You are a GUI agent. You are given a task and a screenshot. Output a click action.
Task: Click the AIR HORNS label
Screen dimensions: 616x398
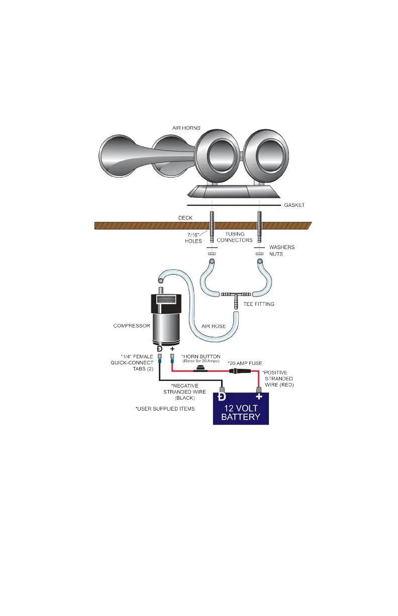tap(186, 128)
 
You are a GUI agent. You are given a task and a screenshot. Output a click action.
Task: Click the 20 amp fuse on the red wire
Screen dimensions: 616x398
tap(238, 370)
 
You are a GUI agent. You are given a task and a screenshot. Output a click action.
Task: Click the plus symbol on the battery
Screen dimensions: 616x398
tap(259, 398)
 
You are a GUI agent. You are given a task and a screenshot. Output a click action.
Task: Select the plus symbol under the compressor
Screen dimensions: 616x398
tap(172, 348)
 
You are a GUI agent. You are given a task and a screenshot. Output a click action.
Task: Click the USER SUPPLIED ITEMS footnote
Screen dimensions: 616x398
tap(165, 409)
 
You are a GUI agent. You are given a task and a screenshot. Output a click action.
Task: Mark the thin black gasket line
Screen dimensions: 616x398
tap(234, 206)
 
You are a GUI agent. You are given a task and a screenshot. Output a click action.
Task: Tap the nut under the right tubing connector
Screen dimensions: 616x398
tap(259, 255)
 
